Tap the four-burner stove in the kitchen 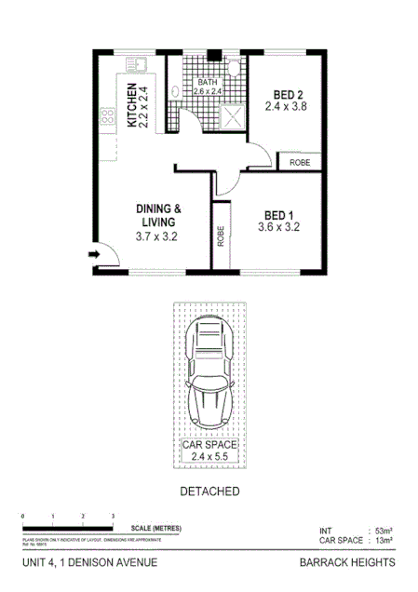(x=107, y=116)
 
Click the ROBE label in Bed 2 (x=300, y=162)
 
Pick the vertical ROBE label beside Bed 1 (x=221, y=236)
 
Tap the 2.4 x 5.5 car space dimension (x=209, y=457)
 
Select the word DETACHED (x=209, y=491)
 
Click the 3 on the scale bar (x=113, y=516)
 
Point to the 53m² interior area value (x=382, y=530)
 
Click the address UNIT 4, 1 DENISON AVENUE (x=88, y=562)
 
